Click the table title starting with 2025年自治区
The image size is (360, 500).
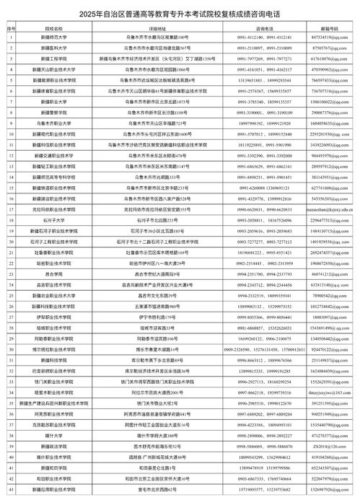pos(180,14)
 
